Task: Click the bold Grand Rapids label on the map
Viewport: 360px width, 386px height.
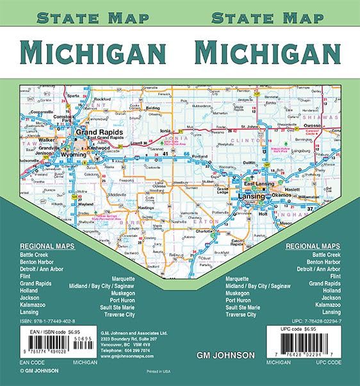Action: point(95,133)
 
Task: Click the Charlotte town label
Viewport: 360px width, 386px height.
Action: point(203,231)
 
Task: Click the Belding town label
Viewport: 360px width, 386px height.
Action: point(152,108)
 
